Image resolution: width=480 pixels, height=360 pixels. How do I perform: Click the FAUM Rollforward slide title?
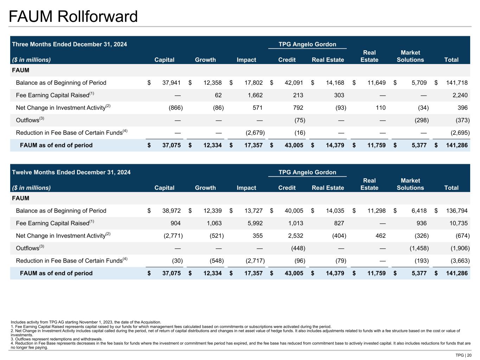73,17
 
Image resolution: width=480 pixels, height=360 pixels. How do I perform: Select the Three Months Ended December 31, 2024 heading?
70,44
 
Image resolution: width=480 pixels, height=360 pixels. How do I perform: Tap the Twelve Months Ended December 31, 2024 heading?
71,172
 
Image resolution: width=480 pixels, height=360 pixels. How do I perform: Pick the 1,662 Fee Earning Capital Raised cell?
253,95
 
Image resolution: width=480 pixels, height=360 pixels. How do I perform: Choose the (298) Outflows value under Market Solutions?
422,120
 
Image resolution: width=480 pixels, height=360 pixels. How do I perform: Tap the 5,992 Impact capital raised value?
253,223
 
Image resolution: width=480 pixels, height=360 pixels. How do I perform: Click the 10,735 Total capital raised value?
457,223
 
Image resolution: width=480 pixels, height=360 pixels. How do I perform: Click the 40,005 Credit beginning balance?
294,211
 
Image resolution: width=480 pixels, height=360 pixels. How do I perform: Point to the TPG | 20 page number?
463,355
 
